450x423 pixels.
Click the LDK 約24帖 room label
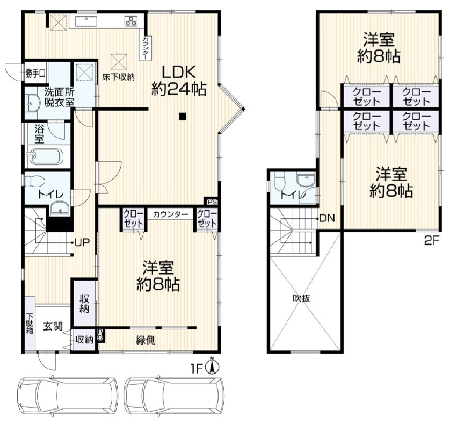pos(178,81)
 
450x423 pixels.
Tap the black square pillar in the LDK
pos(183,116)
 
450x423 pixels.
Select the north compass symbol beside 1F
pos(213,366)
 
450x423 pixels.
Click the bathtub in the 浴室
pos(45,157)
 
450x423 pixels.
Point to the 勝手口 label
pos(35,74)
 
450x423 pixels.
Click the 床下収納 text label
pos(119,77)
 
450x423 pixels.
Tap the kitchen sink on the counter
pos(86,21)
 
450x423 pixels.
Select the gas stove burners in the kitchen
pos(131,21)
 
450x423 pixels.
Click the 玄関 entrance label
pos(53,326)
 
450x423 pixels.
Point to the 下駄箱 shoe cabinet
pos(30,324)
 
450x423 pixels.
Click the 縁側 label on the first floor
pos(146,340)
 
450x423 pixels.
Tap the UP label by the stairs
pos(82,242)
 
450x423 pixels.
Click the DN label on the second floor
pos(327,219)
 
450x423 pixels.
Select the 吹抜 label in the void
pos(301,298)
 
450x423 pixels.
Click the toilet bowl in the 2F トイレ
pos(280,182)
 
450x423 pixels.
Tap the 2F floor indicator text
pos(432,241)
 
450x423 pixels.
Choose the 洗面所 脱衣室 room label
pos(60,97)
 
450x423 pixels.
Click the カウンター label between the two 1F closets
pos(170,214)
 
